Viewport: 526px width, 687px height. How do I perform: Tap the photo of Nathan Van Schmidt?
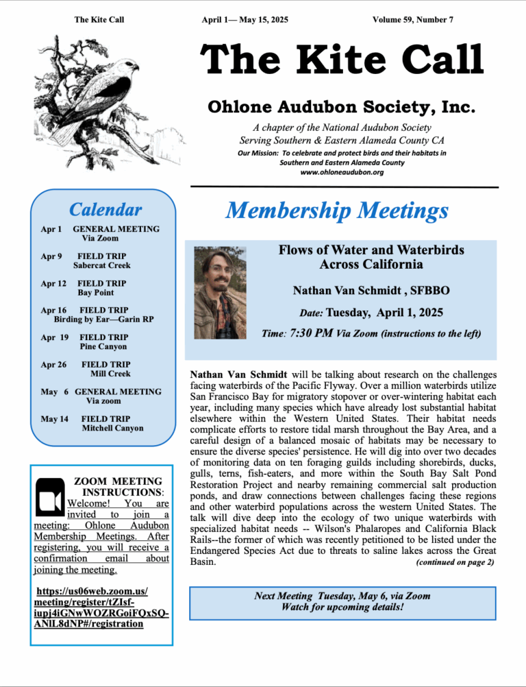(220, 293)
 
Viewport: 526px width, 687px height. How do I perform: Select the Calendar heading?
(105, 210)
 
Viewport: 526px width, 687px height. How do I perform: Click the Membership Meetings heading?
(337, 210)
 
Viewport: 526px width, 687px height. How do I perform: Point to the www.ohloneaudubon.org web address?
(342, 173)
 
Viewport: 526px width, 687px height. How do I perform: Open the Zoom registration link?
(101, 607)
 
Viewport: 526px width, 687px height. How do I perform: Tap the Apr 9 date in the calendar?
(51, 256)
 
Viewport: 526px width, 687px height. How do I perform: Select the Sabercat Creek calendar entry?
(101, 265)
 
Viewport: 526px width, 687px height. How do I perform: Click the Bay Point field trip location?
(96, 293)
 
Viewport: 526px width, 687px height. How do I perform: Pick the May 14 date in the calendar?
(54, 419)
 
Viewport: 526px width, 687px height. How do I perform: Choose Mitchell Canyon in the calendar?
(113, 429)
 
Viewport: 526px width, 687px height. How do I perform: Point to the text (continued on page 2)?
(455, 562)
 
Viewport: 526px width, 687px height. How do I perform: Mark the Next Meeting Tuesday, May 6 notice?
(342, 596)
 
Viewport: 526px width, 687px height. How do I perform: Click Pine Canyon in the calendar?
(103, 347)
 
